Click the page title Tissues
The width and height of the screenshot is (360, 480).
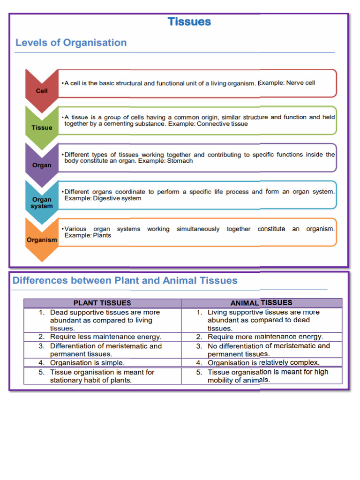coord(189,22)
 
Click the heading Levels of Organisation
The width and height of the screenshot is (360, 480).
coord(71,43)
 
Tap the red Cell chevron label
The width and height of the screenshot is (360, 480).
coord(42,91)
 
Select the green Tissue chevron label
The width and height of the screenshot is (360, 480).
coord(42,127)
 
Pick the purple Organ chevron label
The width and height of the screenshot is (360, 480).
coord(42,165)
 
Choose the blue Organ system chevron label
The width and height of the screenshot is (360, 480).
coord(42,202)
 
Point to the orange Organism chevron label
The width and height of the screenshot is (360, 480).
coord(42,240)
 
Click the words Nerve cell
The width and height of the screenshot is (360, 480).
coord(300,83)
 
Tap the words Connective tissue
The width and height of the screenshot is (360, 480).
coord(222,124)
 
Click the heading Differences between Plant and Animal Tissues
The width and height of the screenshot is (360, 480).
coord(125,281)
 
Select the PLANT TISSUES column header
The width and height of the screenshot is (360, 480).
coord(102,303)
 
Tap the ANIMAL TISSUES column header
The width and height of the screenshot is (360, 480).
coord(261,303)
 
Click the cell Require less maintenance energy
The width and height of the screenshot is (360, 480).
coord(105,337)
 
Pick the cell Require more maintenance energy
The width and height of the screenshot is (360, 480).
coord(265,337)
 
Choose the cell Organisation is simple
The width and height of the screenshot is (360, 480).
coord(87,363)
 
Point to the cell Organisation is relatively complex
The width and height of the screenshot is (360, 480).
coord(263,363)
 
